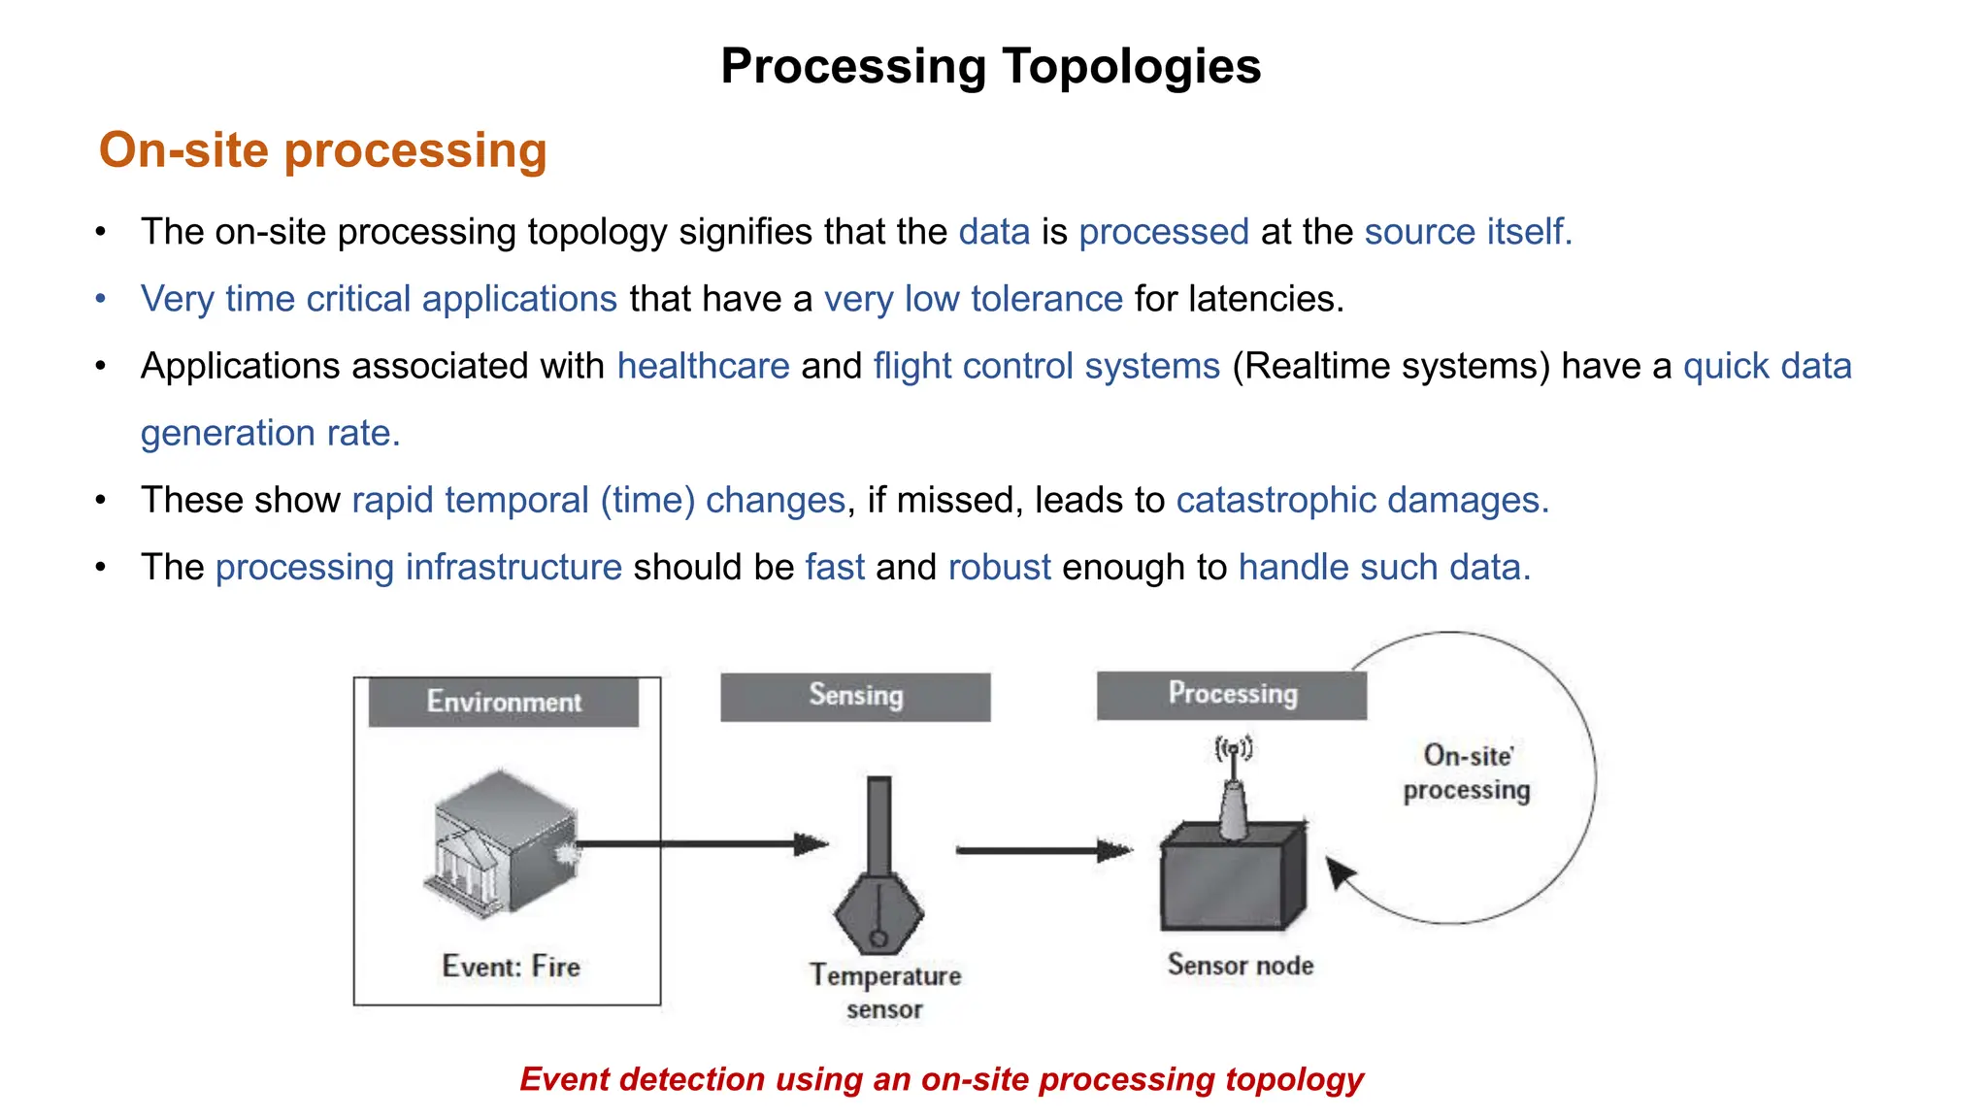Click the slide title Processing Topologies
tap(990, 66)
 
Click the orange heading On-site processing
tap(322, 150)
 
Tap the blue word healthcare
tap(703, 366)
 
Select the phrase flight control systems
tap(1045, 366)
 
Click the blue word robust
tap(999, 567)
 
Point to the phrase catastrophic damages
tap(1362, 500)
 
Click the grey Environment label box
tap(503, 702)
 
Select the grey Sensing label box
tap(855, 696)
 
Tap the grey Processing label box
tap(1231, 694)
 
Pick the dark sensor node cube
tap(1231, 878)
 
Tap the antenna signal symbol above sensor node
tap(1233, 748)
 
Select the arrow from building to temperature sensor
tap(699, 844)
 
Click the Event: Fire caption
tap(511, 967)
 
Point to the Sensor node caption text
tap(1240, 965)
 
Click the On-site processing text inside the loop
tap(1467, 773)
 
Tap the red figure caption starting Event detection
tap(941, 1079)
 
